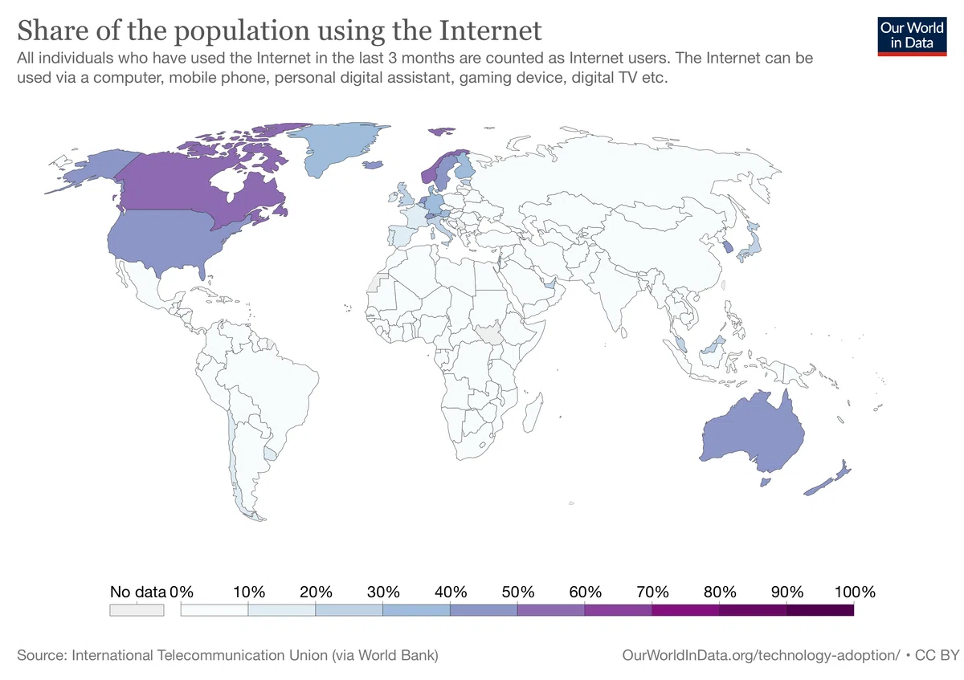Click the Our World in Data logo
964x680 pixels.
912,37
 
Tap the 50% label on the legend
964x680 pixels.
517,592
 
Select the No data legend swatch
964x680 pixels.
137,610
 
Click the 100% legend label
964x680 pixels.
855,592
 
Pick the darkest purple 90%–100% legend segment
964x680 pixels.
820,610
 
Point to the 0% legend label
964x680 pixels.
182,592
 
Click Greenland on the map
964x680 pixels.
339,146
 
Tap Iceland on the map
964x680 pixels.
373,165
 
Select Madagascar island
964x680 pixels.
533,412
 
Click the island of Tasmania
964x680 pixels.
765,482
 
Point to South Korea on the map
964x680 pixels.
726,247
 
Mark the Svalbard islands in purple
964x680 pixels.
442,131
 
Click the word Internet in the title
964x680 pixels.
490,31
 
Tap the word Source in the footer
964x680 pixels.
42,655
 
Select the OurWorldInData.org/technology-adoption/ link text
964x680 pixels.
761,655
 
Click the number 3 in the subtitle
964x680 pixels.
392,58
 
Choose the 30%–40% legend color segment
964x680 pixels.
416,610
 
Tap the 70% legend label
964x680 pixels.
652,592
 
